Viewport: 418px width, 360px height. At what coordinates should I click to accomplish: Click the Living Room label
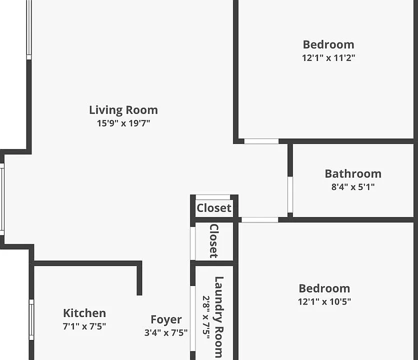tap(123, 110)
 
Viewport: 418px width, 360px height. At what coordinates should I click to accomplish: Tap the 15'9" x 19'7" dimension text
tap(123, 123)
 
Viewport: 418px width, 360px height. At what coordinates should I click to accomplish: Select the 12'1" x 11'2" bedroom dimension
tap(328, 57)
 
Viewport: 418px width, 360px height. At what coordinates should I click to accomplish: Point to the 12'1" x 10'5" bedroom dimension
tap(324, 301)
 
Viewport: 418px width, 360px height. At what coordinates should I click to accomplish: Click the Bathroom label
tap(353, 174)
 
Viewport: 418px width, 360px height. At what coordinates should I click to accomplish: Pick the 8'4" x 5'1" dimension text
tap(353, 186)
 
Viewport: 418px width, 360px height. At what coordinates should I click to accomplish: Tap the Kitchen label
tap(84, 313)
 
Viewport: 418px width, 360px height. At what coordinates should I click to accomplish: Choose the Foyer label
tap(166, 319)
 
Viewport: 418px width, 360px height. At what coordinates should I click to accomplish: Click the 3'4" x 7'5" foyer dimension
tap(166, 332)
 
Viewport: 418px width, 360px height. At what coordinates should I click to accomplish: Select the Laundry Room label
tap(219, 317)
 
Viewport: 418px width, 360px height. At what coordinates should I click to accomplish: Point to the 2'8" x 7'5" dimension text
tap(206, 317)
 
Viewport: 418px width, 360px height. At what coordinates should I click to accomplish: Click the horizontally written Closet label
tap(214, 208)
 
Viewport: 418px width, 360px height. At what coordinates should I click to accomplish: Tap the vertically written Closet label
tap(214, 241)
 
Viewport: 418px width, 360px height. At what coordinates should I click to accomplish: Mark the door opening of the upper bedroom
tap(261, 141)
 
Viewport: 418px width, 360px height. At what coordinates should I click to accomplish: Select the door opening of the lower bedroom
tap(259, 219)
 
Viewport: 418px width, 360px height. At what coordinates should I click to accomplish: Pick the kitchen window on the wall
tap(31, 319)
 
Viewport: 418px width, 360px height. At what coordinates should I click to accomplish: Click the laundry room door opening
tap(192, 318)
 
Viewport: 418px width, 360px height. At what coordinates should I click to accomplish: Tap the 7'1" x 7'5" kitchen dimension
tap(84, 326)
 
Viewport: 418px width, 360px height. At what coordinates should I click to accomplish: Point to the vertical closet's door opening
tap(192, 243)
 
